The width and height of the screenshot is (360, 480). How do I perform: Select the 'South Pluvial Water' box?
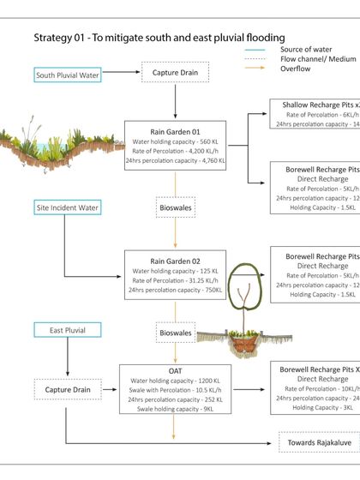point(68,75)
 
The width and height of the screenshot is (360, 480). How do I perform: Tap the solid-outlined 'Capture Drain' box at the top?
point(177,75)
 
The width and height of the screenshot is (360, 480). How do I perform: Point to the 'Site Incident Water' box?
point(68,207)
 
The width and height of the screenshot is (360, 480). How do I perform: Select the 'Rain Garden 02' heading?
point(176,261)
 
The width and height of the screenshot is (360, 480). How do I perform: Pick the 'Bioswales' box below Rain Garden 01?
point(176,207)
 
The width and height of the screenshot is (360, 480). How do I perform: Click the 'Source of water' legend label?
point(305,50)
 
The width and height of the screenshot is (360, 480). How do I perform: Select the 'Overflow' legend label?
point(295,69)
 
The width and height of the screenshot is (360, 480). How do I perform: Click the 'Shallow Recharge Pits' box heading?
point(317,104)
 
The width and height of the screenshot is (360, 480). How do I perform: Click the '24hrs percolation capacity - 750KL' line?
point(176,290)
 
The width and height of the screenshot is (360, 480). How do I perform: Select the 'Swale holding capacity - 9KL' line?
point(176,409)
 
